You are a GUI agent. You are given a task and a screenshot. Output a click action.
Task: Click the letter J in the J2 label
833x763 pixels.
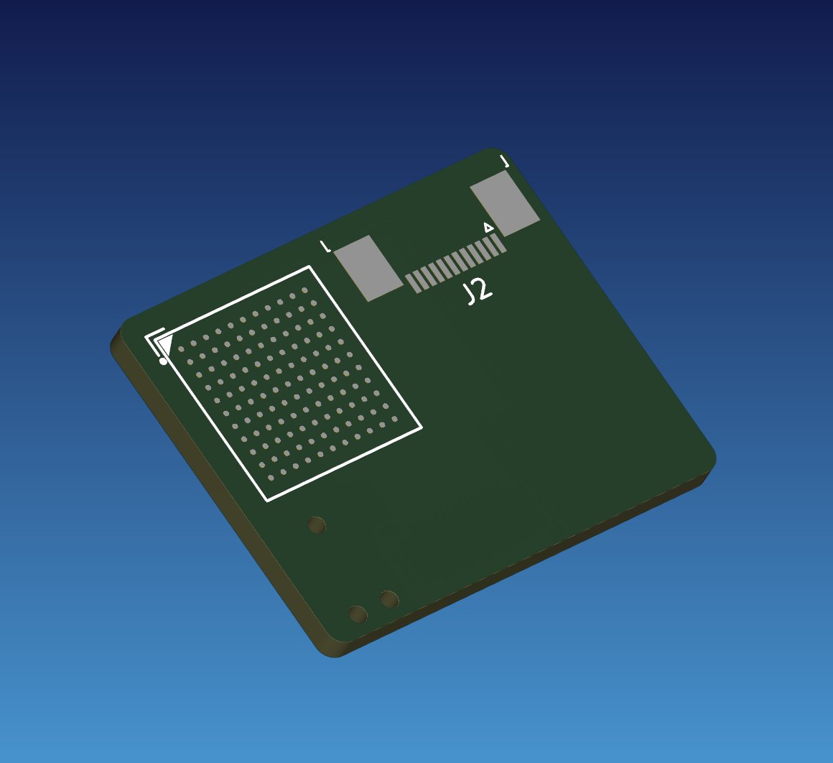tap(470, 295)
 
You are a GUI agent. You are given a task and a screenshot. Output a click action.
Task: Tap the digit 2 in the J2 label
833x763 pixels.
tap(483, 289)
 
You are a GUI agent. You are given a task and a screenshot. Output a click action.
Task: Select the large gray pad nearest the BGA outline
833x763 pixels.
tap(368, 268)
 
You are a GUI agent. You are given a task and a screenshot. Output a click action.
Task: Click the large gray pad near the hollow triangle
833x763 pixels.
tap(506, 203)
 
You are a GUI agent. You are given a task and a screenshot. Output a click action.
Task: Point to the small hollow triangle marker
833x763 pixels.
tap(489, 228)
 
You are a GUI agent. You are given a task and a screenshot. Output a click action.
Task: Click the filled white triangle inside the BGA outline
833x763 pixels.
tap(165, 344)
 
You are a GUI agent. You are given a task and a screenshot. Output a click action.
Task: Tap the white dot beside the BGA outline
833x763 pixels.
tap(163, 362)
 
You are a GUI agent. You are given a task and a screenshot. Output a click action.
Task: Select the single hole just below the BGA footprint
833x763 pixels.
tap(317, 525)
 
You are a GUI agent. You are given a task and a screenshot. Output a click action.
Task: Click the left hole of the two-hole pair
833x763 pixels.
tap(358, 614)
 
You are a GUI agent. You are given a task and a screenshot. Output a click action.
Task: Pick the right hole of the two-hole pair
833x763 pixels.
tap(389, 599)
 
